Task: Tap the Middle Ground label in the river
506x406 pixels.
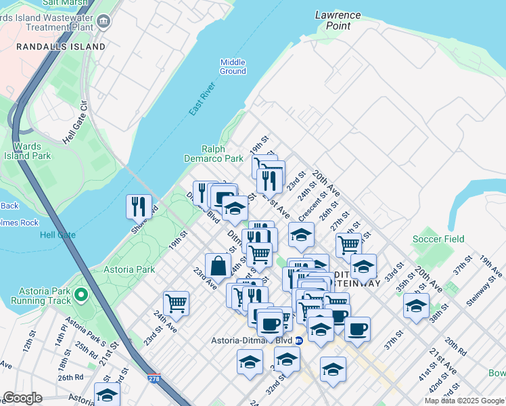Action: (x=233, y=66)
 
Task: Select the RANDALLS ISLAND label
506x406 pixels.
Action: (x=61, y=47)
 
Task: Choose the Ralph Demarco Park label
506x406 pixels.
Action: (x=213, y=154)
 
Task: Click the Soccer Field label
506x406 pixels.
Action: (x=439, y=239)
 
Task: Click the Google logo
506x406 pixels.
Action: (x=22, y=398)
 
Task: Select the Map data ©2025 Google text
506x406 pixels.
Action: (x=464, y=401)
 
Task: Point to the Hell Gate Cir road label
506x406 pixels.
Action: (x=75, y=124)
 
